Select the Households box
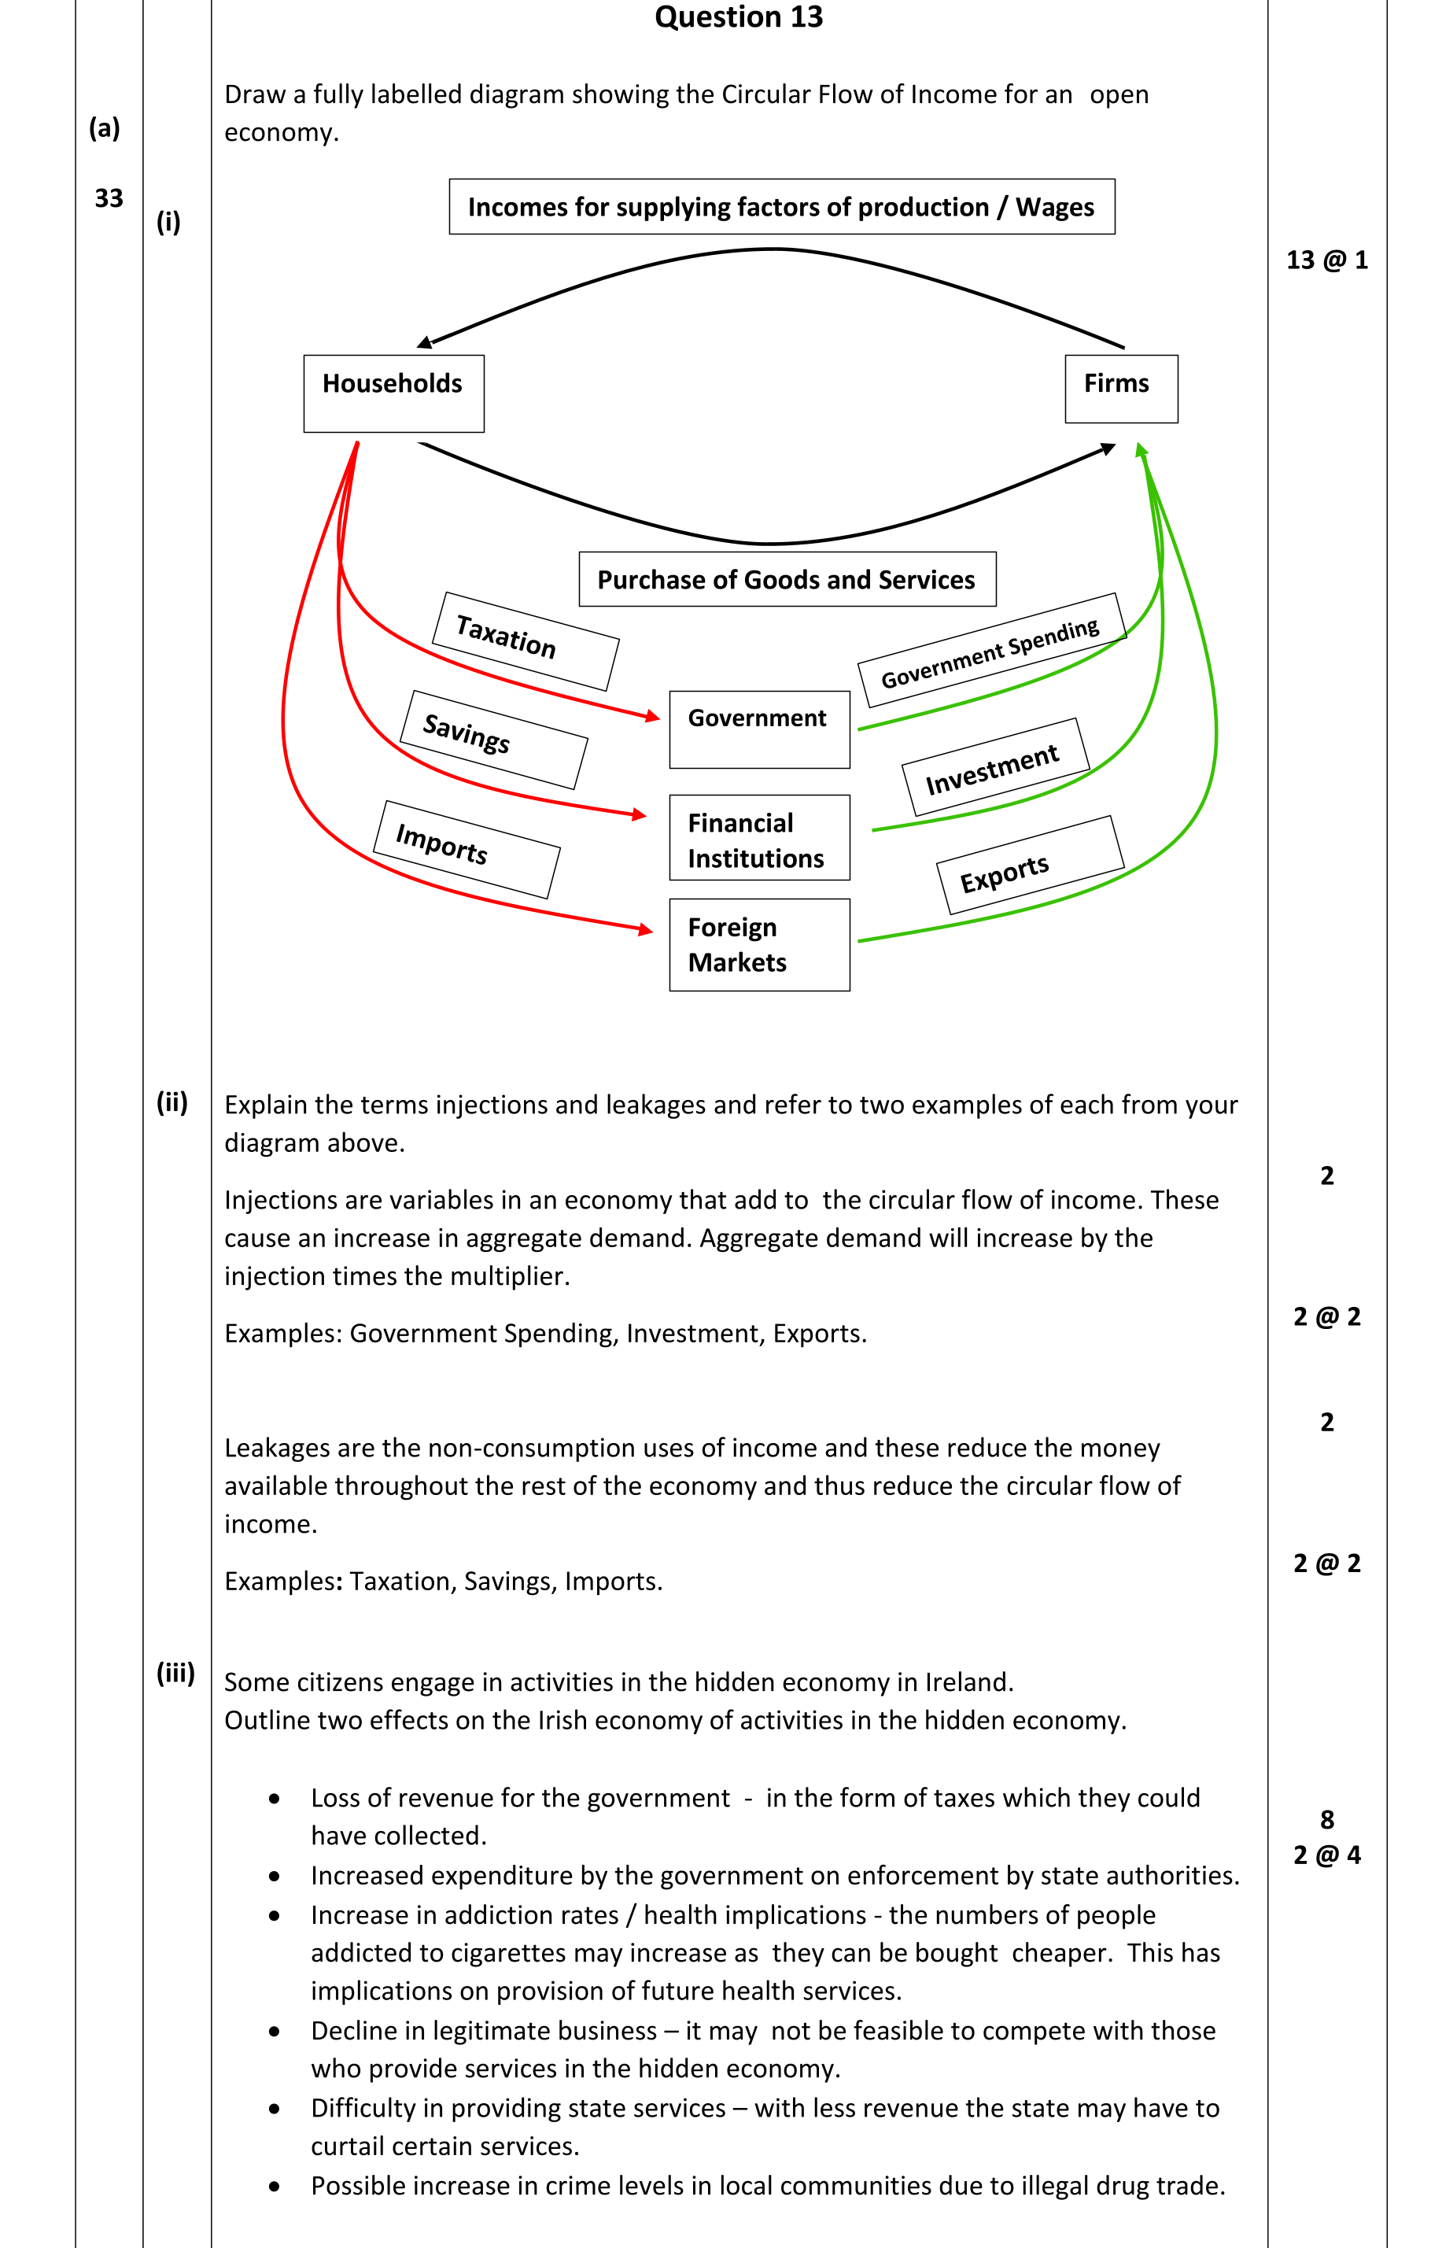[x=393, y=393]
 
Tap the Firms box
[x=1120, y=389]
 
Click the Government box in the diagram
[x=759, y=729]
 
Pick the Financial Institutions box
[x=759, y=837]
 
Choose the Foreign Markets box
[x=759, y=944]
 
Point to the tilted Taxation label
[x=525, y=641]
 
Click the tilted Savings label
[x=493, y=740]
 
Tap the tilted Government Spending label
[x=991, y=651]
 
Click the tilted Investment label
[x=995, y=767]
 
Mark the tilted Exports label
[x=1030, y=866]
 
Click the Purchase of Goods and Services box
[x=786, y=580]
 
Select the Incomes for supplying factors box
[x=780, y=206]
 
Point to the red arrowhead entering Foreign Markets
[x=646, y=929]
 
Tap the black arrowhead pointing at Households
[x=425, y=342]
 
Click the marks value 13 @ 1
[x=1326, y=260]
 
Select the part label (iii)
[x=175, y=1672]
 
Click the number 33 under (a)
[x=109, y=198]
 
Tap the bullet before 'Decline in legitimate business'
[x=274, y=2032]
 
